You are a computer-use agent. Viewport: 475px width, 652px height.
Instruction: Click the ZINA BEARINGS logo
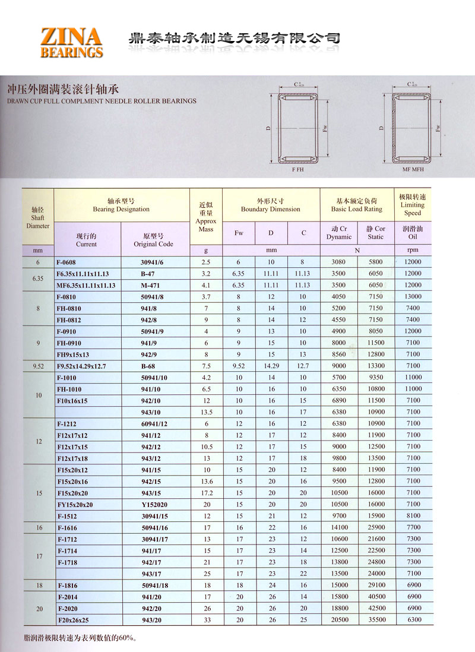71,42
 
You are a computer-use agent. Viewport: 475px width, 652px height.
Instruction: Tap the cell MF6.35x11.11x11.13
86,285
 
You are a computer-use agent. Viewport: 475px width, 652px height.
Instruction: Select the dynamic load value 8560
339,354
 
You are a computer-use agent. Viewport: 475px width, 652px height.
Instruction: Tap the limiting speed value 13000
413,296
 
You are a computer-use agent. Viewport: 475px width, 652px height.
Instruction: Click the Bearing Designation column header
121,205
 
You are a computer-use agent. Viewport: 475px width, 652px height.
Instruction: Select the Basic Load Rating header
356,205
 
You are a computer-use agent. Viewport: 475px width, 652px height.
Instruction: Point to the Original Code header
153,240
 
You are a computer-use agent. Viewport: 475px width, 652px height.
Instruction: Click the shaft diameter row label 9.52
37,366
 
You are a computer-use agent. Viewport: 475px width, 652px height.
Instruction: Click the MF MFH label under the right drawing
413,169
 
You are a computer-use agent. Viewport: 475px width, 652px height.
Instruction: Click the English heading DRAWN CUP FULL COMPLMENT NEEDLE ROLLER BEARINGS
102,101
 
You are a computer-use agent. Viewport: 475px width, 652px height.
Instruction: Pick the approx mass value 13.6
206,481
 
